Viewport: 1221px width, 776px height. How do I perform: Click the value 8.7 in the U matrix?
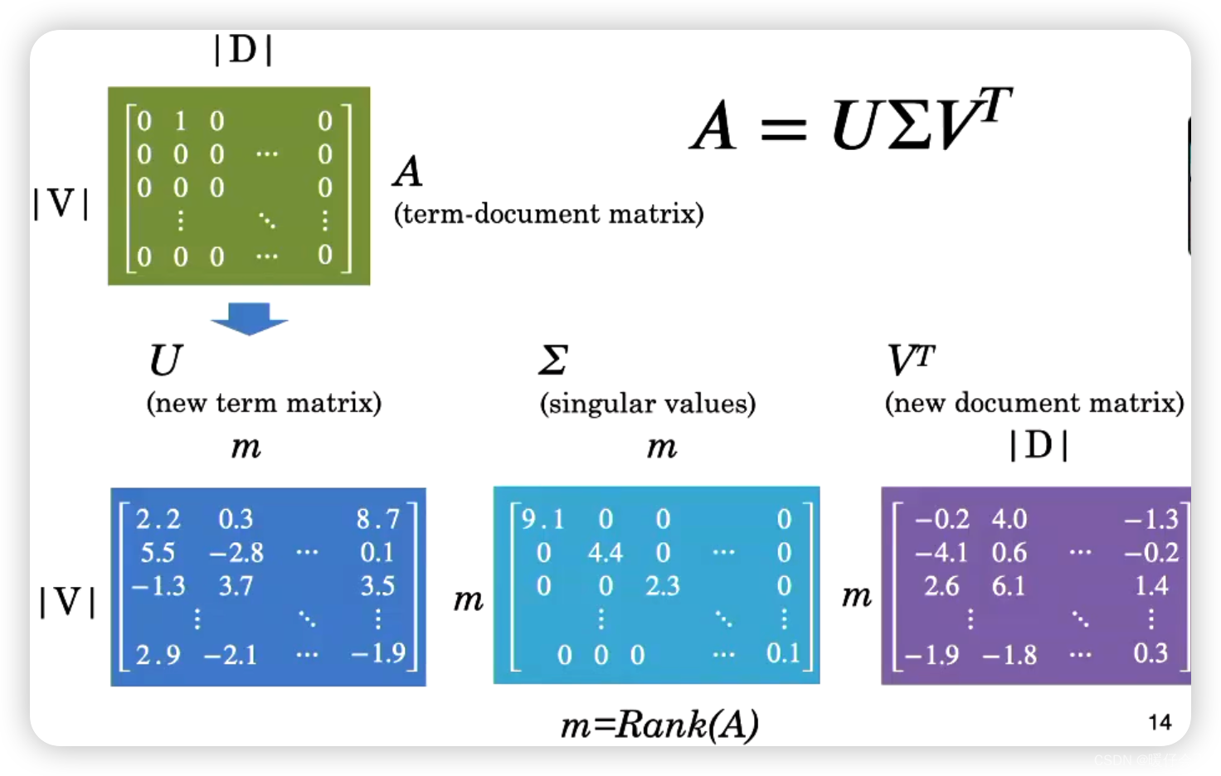coord(377,519)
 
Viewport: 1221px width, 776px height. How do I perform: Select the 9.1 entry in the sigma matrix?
coord(542,519)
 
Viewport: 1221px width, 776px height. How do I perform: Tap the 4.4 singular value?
coord(605,552)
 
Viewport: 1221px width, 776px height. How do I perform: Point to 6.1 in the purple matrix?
coord(1009,586)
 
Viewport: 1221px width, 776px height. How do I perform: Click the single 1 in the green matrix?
coord(180,121)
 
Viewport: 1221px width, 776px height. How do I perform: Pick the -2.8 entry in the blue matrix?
coord(236,552)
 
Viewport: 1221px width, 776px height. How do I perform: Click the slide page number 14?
coord(1160,722)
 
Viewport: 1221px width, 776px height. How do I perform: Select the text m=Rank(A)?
coord(659,725)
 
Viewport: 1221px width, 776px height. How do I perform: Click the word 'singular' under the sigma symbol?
coord(601,404)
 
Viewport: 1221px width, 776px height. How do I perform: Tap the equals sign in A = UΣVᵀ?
coord(783,129)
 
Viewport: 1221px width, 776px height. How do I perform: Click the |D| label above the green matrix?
coord(242,51)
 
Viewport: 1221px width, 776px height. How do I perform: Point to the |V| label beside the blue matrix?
coord(67,601)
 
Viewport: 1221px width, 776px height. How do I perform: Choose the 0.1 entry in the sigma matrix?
coord(782,653)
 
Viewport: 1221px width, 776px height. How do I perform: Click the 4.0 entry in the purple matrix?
coord(1009,519)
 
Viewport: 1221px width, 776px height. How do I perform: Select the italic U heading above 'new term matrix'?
coord(165,360)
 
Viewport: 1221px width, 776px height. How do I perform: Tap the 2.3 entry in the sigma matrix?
coord(662,586)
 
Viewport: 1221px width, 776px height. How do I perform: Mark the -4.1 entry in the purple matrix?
coord(941,552)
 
